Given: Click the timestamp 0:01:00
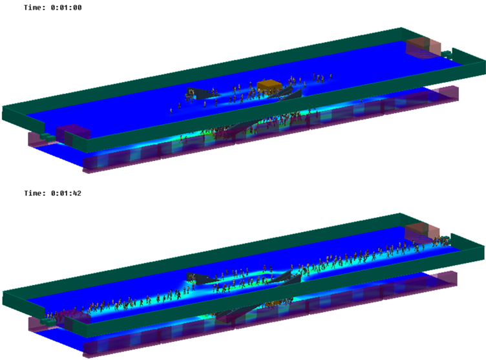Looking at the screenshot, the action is pyautogui.click(x=66, y=8).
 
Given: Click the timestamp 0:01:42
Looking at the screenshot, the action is pyautogui.click(x=66, y=193).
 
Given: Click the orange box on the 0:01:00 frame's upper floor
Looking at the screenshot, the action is pyautogui.click(x=269, y=85).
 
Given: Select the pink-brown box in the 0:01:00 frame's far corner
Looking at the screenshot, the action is pyautogui.click(x=423, y=47).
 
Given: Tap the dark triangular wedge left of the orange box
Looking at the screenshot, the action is pyautogui.click(x=202, y=93).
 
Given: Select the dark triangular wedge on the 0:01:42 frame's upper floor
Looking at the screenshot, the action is pyautogui.click(x=202, y=278).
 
